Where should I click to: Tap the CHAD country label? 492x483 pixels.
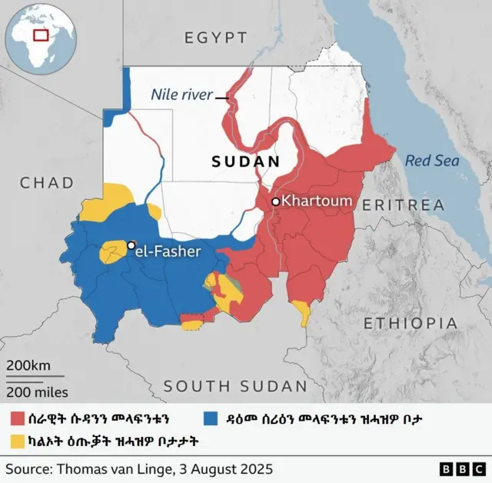(47, 182)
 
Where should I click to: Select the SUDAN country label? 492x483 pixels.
(246, 162)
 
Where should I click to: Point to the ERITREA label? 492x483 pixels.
(403, 205)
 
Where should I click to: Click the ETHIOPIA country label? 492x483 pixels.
(411, 322)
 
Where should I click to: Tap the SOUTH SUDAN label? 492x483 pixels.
(234, 386)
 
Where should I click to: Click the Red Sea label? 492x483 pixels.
(432, 161)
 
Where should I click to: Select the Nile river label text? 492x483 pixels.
(181, 95)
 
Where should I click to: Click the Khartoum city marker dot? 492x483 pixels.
(274, 202)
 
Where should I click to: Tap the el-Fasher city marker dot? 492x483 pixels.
(131, 245)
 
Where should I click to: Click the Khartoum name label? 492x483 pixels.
(317, 202)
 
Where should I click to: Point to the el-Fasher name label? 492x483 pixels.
(170, 251)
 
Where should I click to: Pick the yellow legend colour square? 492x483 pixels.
(15, 441)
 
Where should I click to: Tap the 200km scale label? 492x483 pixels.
(28, 365)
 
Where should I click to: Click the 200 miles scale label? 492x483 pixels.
(36, 392)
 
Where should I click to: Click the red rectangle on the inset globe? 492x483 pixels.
(40, 35)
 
